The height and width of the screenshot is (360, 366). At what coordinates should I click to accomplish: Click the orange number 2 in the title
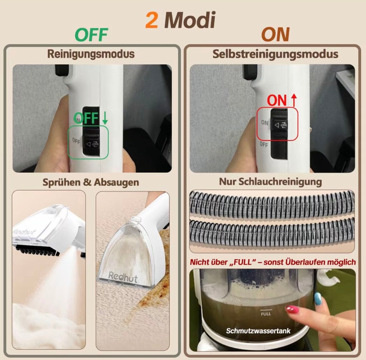tap(152, 20)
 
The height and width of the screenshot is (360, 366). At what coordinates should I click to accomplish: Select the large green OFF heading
tap(91, 35)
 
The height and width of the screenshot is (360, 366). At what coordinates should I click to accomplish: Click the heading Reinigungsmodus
tap(91, 54)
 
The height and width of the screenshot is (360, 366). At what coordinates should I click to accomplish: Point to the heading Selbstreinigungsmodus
tap(275, 54)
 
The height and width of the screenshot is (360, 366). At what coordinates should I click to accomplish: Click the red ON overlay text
tap(277, 100)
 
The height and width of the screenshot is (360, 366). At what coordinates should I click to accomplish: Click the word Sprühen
tap(62, 182)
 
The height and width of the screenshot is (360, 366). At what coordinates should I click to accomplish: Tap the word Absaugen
tap(116, 182)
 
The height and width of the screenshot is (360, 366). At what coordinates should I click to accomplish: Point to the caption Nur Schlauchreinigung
tap(270, 182)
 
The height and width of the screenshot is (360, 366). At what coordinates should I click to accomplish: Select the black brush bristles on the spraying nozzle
tap(37, 250)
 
